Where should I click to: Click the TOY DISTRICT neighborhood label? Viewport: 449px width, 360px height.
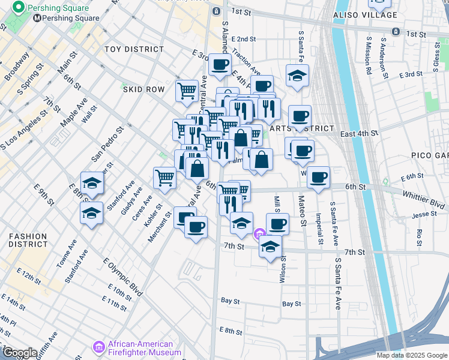click(x=134, y=49)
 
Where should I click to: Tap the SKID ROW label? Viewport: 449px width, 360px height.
click(x=143, y=89)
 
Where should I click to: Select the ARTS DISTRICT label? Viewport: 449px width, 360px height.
click(x=310, y=128)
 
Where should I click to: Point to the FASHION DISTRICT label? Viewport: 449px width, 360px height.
click(x=28, y=240)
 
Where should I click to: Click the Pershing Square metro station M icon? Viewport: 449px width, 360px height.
click(x=38, y=18)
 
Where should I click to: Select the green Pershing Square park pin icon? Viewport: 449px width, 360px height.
click(x=18, y=8)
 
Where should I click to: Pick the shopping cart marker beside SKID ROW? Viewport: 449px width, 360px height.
click(x=187, y=91)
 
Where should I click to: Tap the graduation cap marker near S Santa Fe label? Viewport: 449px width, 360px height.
click(x=297, y=76)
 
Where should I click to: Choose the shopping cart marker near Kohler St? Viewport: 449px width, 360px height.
click(x=164, y=177)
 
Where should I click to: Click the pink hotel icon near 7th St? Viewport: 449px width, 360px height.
click(x=259, y=234)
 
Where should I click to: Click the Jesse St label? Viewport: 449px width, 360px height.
click(x=424, y=214)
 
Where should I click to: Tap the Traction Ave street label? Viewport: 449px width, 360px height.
click(x=246, y=62)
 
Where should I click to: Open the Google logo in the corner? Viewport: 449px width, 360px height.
click(x=20, y=353)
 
